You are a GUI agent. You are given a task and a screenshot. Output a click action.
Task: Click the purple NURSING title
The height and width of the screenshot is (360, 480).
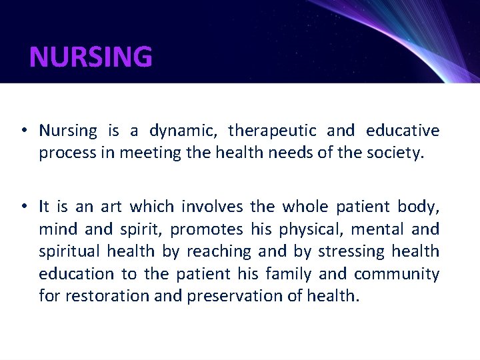tap(91, 57)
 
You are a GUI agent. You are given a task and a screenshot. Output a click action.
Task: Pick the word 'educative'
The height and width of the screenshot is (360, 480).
tap(403, 131)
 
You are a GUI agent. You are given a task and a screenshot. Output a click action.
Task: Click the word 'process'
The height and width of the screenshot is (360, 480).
tap(63, 154)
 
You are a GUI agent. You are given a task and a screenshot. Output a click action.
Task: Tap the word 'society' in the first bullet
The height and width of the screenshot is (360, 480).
tap(394, 153)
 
